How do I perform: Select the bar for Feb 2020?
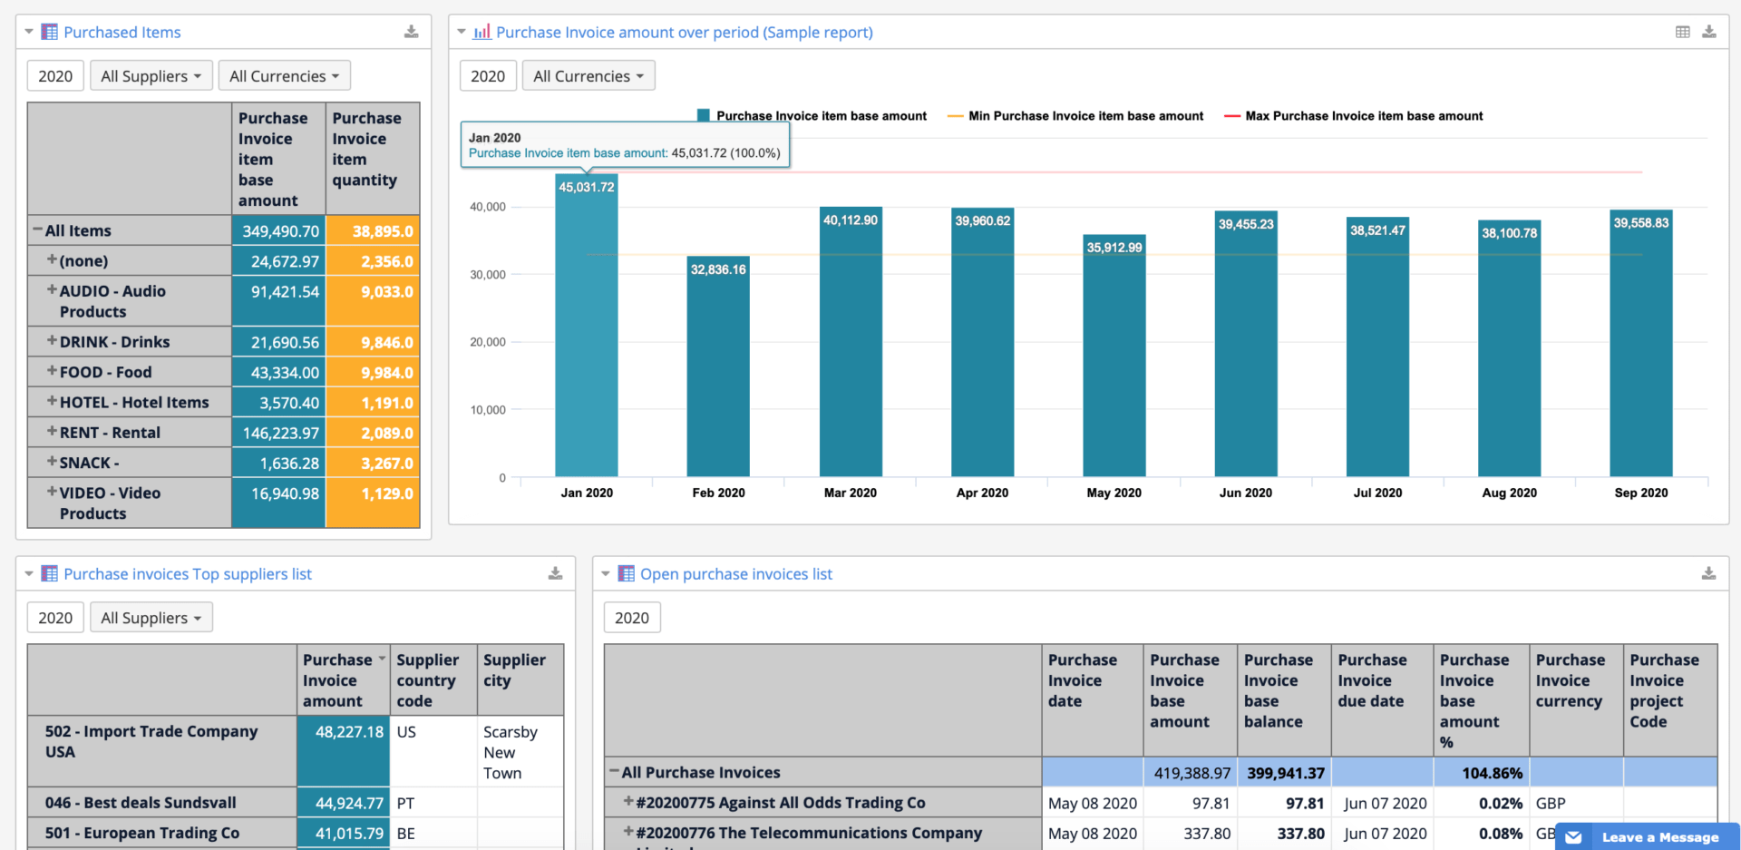(x=718, y=372)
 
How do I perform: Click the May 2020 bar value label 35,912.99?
(x=1114, y=248)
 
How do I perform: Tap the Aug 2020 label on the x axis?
(x=1509, y=493)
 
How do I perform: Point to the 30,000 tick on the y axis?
(x=488, y=275)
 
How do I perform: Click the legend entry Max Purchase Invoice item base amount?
(x=1363, y=116)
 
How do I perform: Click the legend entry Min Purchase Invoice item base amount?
(x=1084, y=116)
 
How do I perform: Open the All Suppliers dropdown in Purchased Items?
(x=151, y=76)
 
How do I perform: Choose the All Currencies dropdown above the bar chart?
(x=588, y=76)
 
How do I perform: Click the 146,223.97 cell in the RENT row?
(x=279, y=433)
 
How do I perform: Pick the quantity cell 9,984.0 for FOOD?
(x=374, y=373)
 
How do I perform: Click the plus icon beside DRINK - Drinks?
(x=52, y=341)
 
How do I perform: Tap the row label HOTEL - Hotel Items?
(x=134, y=402)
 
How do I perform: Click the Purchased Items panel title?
(x=122, y=33)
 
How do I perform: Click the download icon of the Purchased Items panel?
(x=411, y=32)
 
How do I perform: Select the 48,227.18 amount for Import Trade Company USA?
(x=348, y=732)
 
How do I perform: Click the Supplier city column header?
(x=514, y=670)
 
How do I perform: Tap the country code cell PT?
(x=405, y=803)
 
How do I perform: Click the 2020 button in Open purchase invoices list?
(x=632, y=618)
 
